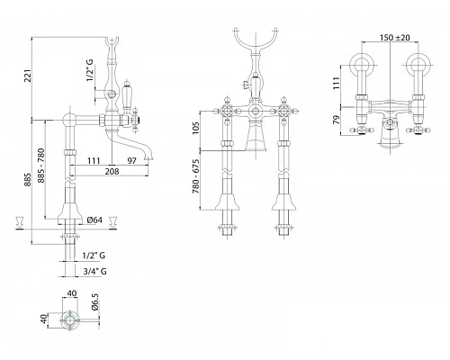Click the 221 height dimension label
click(28, 76)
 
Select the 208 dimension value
click(112, 171)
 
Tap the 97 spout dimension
click(131, 161)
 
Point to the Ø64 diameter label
click(94, 220)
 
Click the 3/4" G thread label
click(94, 272)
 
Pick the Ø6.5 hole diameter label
click(95, 303)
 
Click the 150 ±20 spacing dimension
click(395, 38)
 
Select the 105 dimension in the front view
click(195, 128)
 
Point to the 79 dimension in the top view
click(337, 120)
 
